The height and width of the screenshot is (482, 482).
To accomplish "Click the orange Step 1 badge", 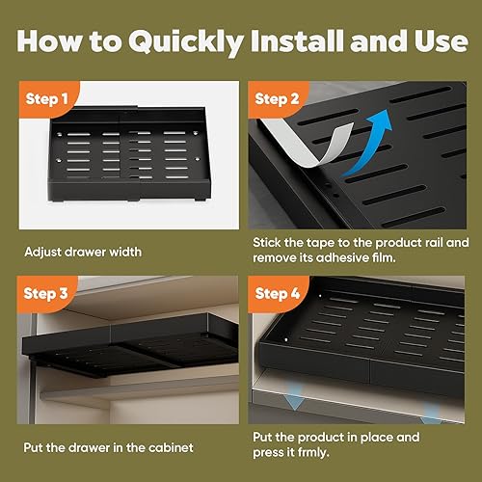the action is click(46, 98).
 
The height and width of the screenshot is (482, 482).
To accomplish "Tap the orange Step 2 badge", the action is click(277, 98).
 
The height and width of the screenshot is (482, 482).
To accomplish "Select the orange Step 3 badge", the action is click(46, 293).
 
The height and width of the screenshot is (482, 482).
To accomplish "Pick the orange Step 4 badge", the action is click(277, 293).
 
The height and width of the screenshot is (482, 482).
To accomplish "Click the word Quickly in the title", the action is click(186, 41).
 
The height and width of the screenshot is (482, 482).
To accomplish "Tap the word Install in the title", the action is click(297, 40).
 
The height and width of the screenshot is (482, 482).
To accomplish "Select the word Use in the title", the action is click(441, 41).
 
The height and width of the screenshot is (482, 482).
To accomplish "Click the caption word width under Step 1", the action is click(125, 252).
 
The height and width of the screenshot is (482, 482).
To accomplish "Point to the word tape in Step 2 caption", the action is click(320, 243).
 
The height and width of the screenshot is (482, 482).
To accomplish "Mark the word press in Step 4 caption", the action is click(267, 453).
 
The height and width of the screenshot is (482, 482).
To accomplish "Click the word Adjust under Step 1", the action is click(42, 253).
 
